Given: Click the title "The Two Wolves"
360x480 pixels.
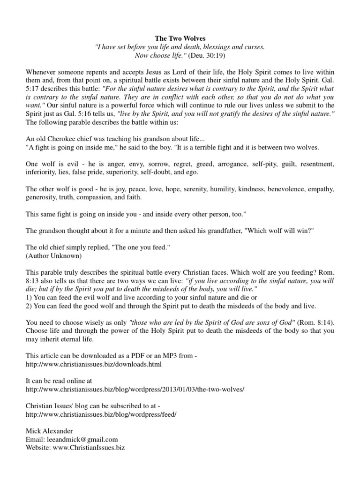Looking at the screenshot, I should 180,38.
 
